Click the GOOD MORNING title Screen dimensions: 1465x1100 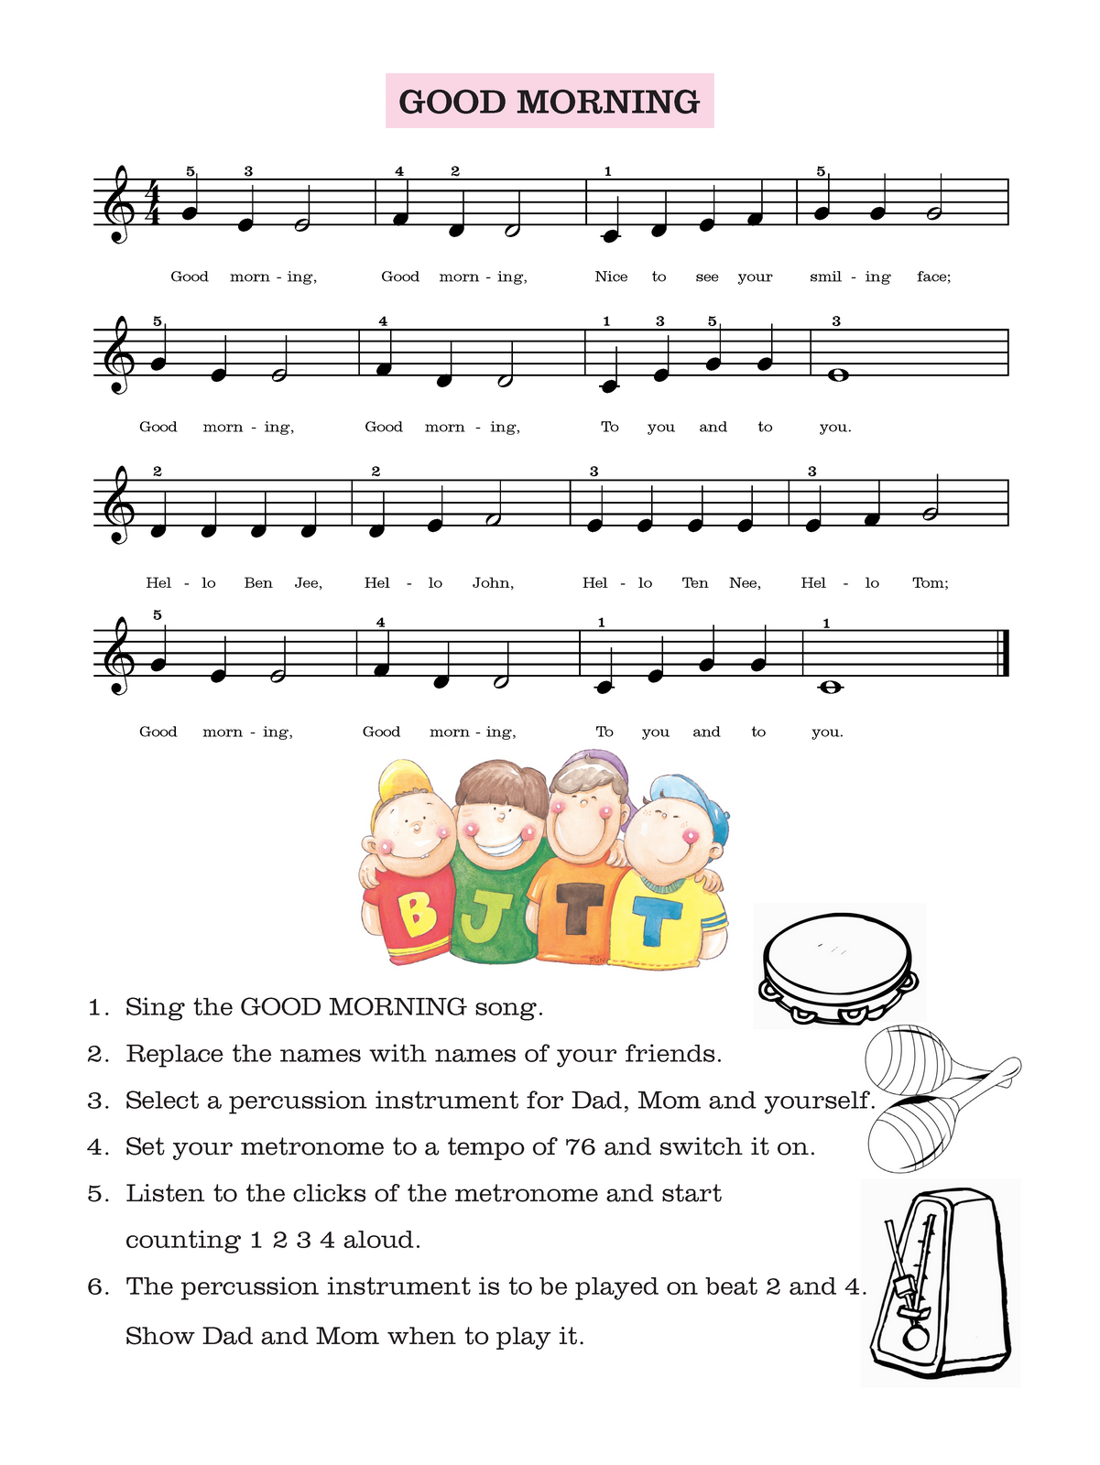point(549,102)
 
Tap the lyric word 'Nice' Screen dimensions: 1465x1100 point(611,277)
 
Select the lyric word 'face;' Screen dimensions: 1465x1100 point(933,277)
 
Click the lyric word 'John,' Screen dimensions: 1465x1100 point(493,582)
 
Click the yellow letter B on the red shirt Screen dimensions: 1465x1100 point(417,912)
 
